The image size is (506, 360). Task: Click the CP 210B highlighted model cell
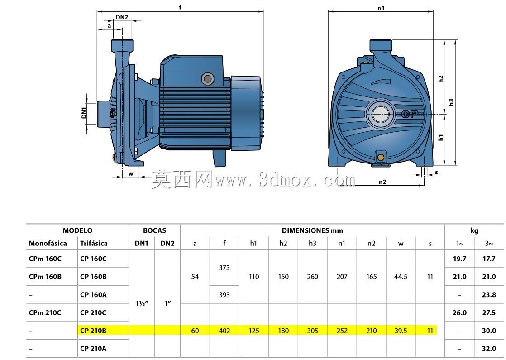point(93,331)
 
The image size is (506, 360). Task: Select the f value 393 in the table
point(224,294)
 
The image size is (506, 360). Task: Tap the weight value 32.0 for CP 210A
point(489,349)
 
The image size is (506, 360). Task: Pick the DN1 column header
point(141,244)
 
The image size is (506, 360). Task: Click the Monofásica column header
point(48,244)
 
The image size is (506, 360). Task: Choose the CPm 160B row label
point(45,277)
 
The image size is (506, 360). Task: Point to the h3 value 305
point(312,331)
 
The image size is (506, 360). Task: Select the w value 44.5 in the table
point(401,277)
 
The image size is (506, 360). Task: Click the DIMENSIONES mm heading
point(312,230)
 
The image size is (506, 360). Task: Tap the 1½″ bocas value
point(142,304)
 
